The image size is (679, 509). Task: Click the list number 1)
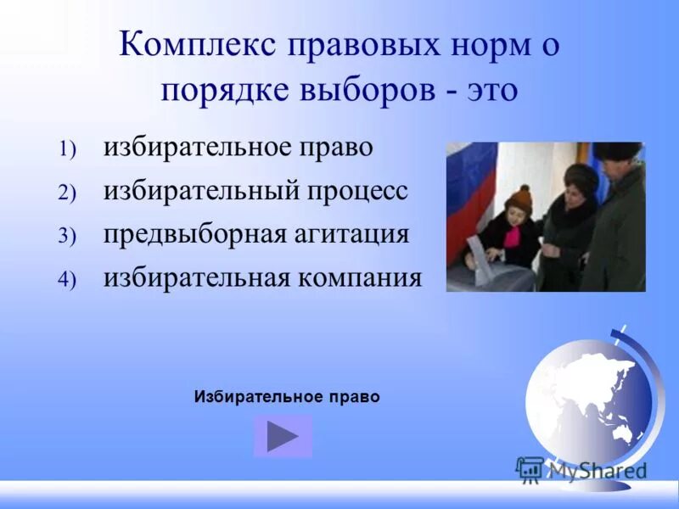point(67,149)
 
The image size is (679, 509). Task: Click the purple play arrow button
point(283,436)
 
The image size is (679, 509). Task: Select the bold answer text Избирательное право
point(287,396)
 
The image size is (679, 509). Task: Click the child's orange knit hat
point(518,199)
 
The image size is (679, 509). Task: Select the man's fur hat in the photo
point(615,153)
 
